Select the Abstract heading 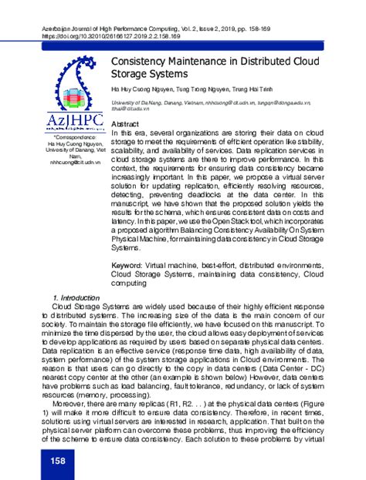pos(126,124)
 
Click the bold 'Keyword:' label pos(130,263)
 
